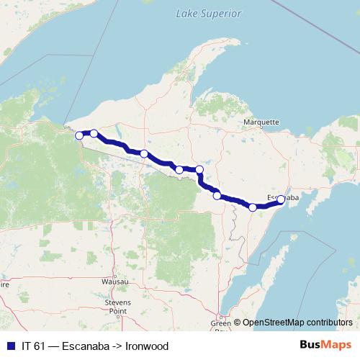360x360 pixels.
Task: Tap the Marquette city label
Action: pos(261,122)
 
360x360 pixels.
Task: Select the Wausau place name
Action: pos(114,282)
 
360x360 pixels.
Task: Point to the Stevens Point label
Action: pos(117,307)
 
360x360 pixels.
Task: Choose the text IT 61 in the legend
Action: pos(35,346)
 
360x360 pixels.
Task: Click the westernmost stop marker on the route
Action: pos(79,135)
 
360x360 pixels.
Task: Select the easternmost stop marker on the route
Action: pos(281,200)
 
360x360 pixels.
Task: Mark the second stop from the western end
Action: pos(94,133)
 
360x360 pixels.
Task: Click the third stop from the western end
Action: pos(144,153)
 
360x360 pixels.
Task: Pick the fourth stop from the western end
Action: pos(179,170)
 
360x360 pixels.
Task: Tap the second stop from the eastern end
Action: pos(253,207)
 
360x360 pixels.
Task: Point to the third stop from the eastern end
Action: pos(217,195)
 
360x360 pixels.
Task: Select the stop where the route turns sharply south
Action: pos(199,169)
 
